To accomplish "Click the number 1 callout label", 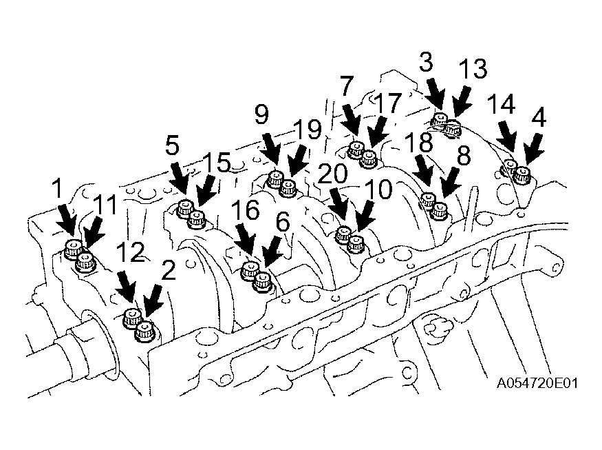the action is pyautogui.click(x=58, y=188).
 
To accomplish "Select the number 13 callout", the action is pyautogui.click(x=473, y=69).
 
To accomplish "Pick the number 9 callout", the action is pyautogui.click(x=262, y=114).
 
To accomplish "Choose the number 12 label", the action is pyautogui.click(x=131, y=252).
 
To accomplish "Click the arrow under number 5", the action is pyautogui.click(x=180, y=178).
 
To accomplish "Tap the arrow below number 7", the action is pyautogui.click(x=351, y=120).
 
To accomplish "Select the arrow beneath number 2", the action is pyautogui.click(x=153, y=303).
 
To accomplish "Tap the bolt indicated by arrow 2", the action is pyautogui.click(x=144, y=331).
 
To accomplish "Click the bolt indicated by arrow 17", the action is pyautogui.click(x=369, y=158).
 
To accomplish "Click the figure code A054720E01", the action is pyautogui.click(x=537, y=383).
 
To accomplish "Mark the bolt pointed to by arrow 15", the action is pyautogui.click(x=197, y=219).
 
